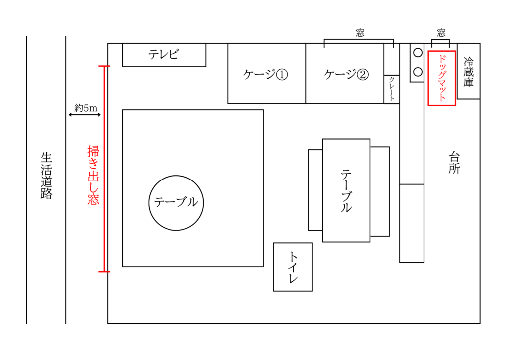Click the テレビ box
[x=164, y=55]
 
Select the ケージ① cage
[x=266, y=74]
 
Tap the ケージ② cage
[x=345, y=74]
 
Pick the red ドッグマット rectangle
[x=442, y=78]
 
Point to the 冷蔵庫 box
[x=468, y=72]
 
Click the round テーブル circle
[x=176, y=202]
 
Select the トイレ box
[x=293, y=267]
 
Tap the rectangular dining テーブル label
[x=346, y=190]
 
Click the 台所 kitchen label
[x=454, y=163]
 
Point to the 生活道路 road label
[x=46, y=176]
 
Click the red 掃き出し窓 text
[x=93, y=175]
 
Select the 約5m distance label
[x=85, y=107]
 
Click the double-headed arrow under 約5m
[x=85, y=115]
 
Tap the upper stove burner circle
[x=417, y=52]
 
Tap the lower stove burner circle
[x=417, y=71]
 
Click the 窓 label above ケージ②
[x=360, y=33]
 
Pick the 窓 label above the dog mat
[x=441, y=33]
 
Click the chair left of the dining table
[x=315, y=190]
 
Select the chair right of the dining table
[x=380, y=191]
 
